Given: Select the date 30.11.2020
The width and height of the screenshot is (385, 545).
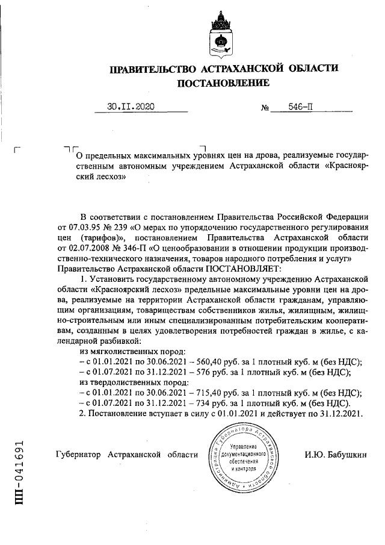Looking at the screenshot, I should point(131,107).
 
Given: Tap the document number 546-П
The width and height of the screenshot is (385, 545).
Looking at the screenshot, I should point(300,107).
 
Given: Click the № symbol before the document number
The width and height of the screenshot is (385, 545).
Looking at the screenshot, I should point(264,108).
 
